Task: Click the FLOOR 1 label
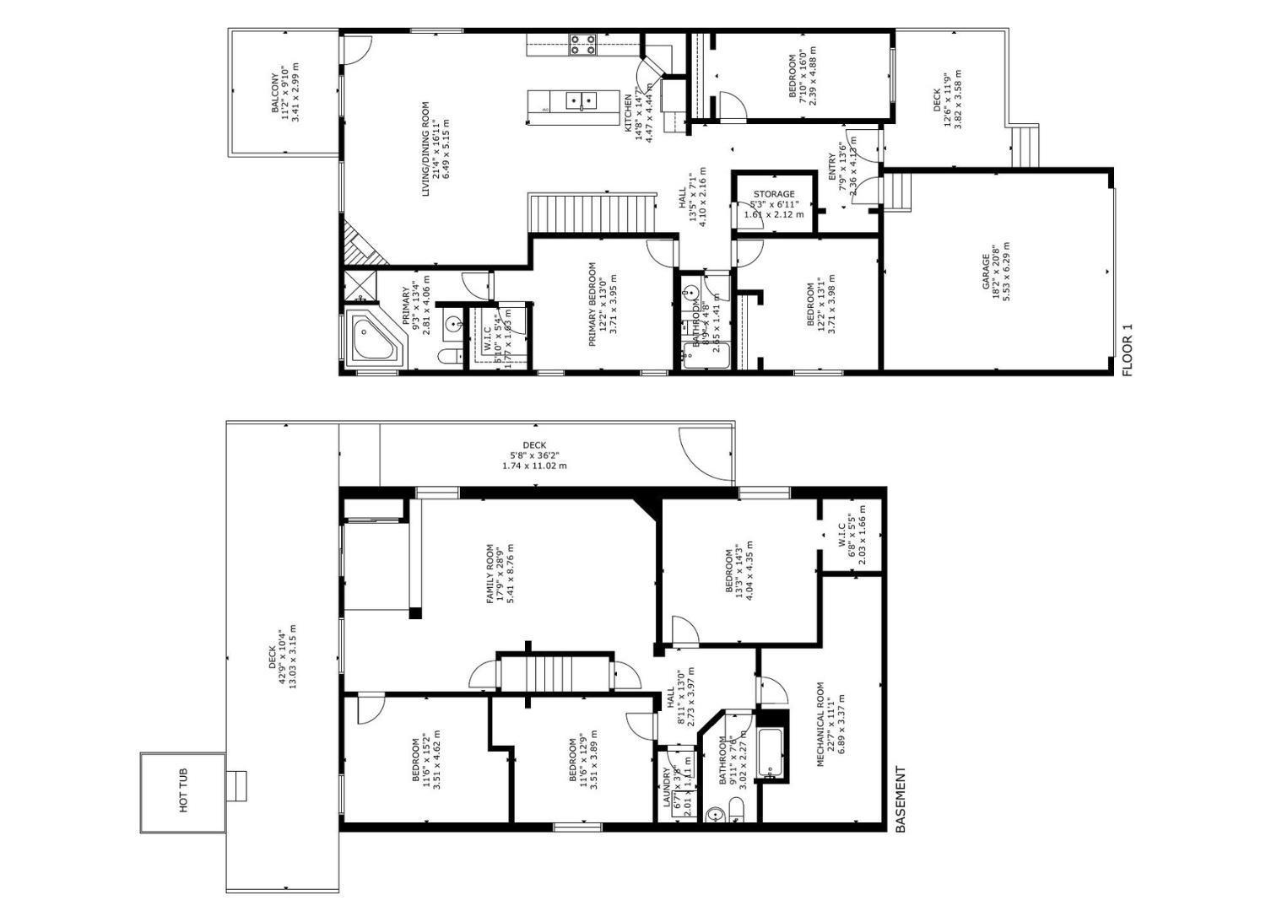[1128, 350]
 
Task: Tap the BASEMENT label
[900, 799]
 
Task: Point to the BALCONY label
[275, 94]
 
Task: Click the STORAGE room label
[774, 194]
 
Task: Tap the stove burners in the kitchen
[582, 44]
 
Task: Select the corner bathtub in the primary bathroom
[373, 339]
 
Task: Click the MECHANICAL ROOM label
[820, 725]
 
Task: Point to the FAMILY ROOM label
[490, 574]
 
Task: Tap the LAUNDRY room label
[667, 788]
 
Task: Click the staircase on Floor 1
[592, 213]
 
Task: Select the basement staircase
[555, 672]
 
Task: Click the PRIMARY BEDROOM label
[592, 304]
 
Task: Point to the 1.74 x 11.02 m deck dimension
[534, 466]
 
